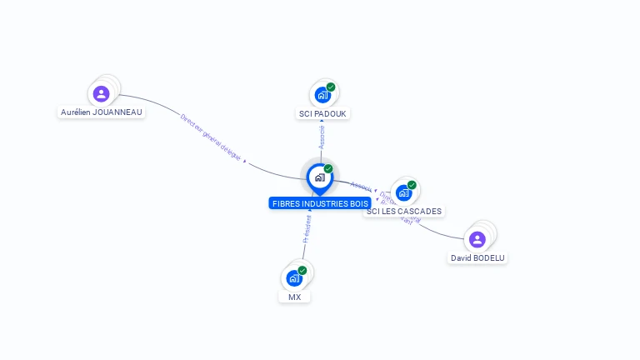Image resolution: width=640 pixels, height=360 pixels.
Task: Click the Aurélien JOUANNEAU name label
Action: tap(102, 112)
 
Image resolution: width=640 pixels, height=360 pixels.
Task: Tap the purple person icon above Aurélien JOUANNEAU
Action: tap(102, 93)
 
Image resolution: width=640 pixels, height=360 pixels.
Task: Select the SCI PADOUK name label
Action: tap(323, 113)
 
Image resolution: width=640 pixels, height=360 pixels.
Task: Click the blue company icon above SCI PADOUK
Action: tap(322, 95)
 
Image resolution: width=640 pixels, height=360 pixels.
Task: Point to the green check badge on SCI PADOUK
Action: tap(331, 87)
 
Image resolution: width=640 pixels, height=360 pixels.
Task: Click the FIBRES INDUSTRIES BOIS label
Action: tap(320, 203)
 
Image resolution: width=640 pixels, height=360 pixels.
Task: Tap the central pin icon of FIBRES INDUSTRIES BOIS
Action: tap(319, 177)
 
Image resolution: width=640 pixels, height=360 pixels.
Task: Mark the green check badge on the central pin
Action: tap(328, 169)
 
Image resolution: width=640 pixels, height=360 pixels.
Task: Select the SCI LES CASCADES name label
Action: tap(404, 211)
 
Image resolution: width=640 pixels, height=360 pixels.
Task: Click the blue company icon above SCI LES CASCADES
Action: tap(403, 193)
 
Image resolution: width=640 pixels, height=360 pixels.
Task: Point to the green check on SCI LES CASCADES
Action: tap(412, 185)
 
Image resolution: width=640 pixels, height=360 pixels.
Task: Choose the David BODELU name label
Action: tap(477, 258)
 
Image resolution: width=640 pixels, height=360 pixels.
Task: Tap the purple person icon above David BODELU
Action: tap(477, 240)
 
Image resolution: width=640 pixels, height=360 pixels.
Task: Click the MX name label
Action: tap(295, 297)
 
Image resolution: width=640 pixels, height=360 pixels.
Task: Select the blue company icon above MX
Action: tap(293, 278)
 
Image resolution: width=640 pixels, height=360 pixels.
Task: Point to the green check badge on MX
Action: tap(302, 270)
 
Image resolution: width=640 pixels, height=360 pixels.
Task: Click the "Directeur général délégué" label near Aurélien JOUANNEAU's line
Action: tap(210, 135)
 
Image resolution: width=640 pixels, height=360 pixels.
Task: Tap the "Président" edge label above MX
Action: tap(307, 227)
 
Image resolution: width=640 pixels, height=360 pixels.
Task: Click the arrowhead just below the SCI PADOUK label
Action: tap(322, 122)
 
